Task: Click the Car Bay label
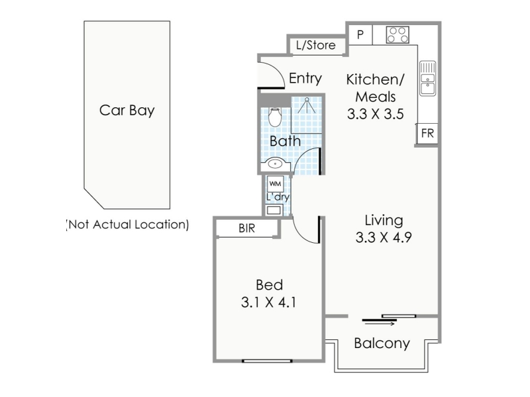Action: tap(127, 110)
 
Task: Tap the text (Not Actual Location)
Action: tap(127, 224)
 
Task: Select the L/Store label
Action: tap(316, 45)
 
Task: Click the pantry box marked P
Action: tap(360, 34)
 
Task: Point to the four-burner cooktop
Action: tap(397, 35)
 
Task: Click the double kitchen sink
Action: tap(427, 78)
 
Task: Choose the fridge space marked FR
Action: tap(427, 134)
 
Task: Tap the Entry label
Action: tap(305, 78)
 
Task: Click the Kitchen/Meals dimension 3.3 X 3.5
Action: tap(375, 114)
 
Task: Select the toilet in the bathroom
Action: tap(275, 117)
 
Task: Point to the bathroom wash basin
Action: tap(276, 164)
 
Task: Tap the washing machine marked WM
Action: tap(275, 184)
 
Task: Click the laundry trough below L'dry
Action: tap(274, 210)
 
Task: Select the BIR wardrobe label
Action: tap(246, 228)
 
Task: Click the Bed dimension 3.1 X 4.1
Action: tap(269, 302)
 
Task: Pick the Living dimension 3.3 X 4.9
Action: tap(384, 237)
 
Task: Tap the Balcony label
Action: tap(382, 343)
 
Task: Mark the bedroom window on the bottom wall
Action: tap(267, 361)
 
